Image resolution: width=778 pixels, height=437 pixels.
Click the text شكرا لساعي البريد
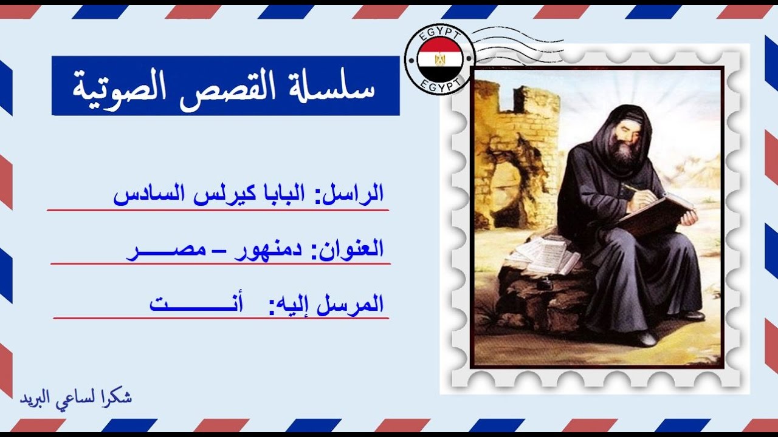pyautogui.click(x=76, y=398)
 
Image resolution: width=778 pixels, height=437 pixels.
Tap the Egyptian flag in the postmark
pyautogui.click(x=439, y=59)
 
